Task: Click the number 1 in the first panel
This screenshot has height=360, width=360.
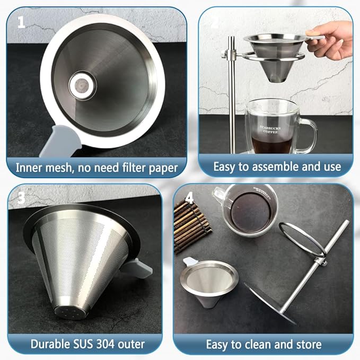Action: point(21,22)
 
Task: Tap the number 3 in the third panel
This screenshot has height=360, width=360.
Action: point(21,198)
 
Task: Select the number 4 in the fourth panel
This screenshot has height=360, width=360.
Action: point(189,198)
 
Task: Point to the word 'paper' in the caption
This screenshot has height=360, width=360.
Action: point(163,168)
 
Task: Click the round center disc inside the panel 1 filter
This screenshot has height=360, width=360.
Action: point(82,85)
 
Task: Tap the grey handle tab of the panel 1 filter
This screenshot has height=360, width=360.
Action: point(60,141)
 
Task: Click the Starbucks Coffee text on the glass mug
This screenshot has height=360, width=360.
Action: point(270,129)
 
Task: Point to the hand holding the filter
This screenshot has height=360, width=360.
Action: point(330,40)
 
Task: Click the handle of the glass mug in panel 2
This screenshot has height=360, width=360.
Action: point(306,136)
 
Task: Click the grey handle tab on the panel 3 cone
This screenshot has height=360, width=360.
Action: point(139,267)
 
